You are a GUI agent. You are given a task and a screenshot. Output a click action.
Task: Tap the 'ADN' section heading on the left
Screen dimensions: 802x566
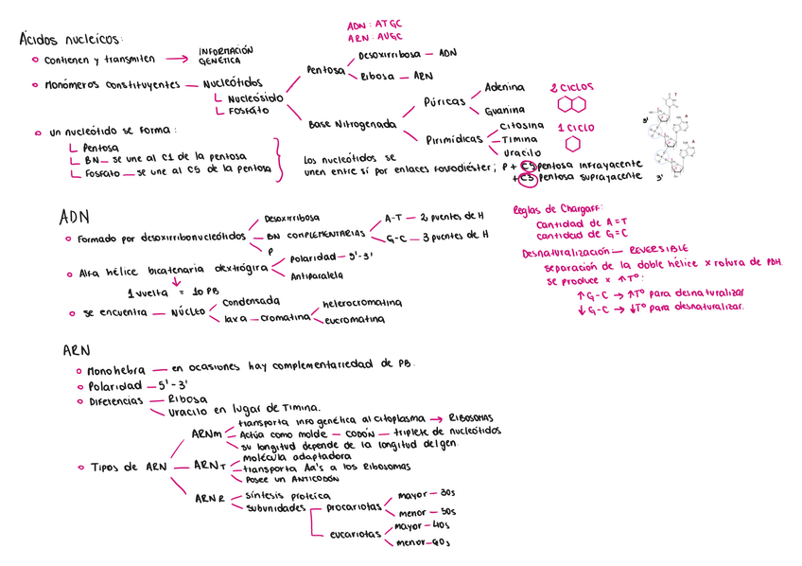point(74,217)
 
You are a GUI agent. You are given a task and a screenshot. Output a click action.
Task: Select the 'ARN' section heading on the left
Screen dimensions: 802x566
point(76,350)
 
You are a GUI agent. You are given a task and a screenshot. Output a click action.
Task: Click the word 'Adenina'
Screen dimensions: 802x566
point(504,87)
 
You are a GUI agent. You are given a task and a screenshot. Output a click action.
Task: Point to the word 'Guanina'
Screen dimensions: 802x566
point(504,111)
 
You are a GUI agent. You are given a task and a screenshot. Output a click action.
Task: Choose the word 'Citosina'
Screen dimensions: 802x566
point(521,126)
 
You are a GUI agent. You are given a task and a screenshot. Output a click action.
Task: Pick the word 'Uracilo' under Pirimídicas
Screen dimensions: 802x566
point(521,152)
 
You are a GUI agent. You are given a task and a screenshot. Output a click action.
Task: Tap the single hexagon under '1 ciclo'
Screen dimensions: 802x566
point(572,144)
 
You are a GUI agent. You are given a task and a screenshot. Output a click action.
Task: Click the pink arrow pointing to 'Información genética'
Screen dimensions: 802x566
point(176,58)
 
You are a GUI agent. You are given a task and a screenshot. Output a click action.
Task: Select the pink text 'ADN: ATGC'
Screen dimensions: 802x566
point(374,25)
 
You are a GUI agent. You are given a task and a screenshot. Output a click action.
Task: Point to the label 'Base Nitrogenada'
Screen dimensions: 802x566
point(352,124)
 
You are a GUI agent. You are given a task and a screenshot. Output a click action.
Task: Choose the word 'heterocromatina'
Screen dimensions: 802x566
point(361,304)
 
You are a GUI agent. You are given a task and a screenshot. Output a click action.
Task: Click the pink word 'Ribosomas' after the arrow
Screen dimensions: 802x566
point(470,417)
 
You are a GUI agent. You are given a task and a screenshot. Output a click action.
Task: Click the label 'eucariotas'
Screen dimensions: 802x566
point(355,535)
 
